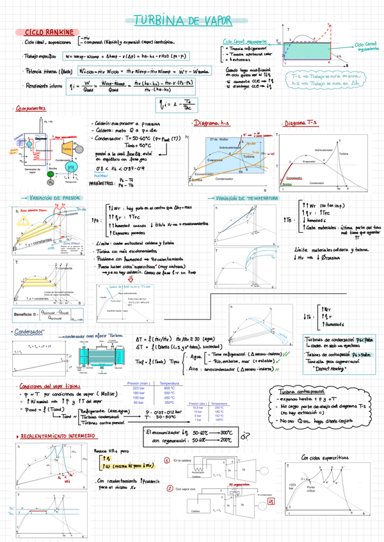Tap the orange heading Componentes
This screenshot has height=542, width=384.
click(x=37, y=109)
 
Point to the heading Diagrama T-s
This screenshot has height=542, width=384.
click(x=301, y=122)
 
